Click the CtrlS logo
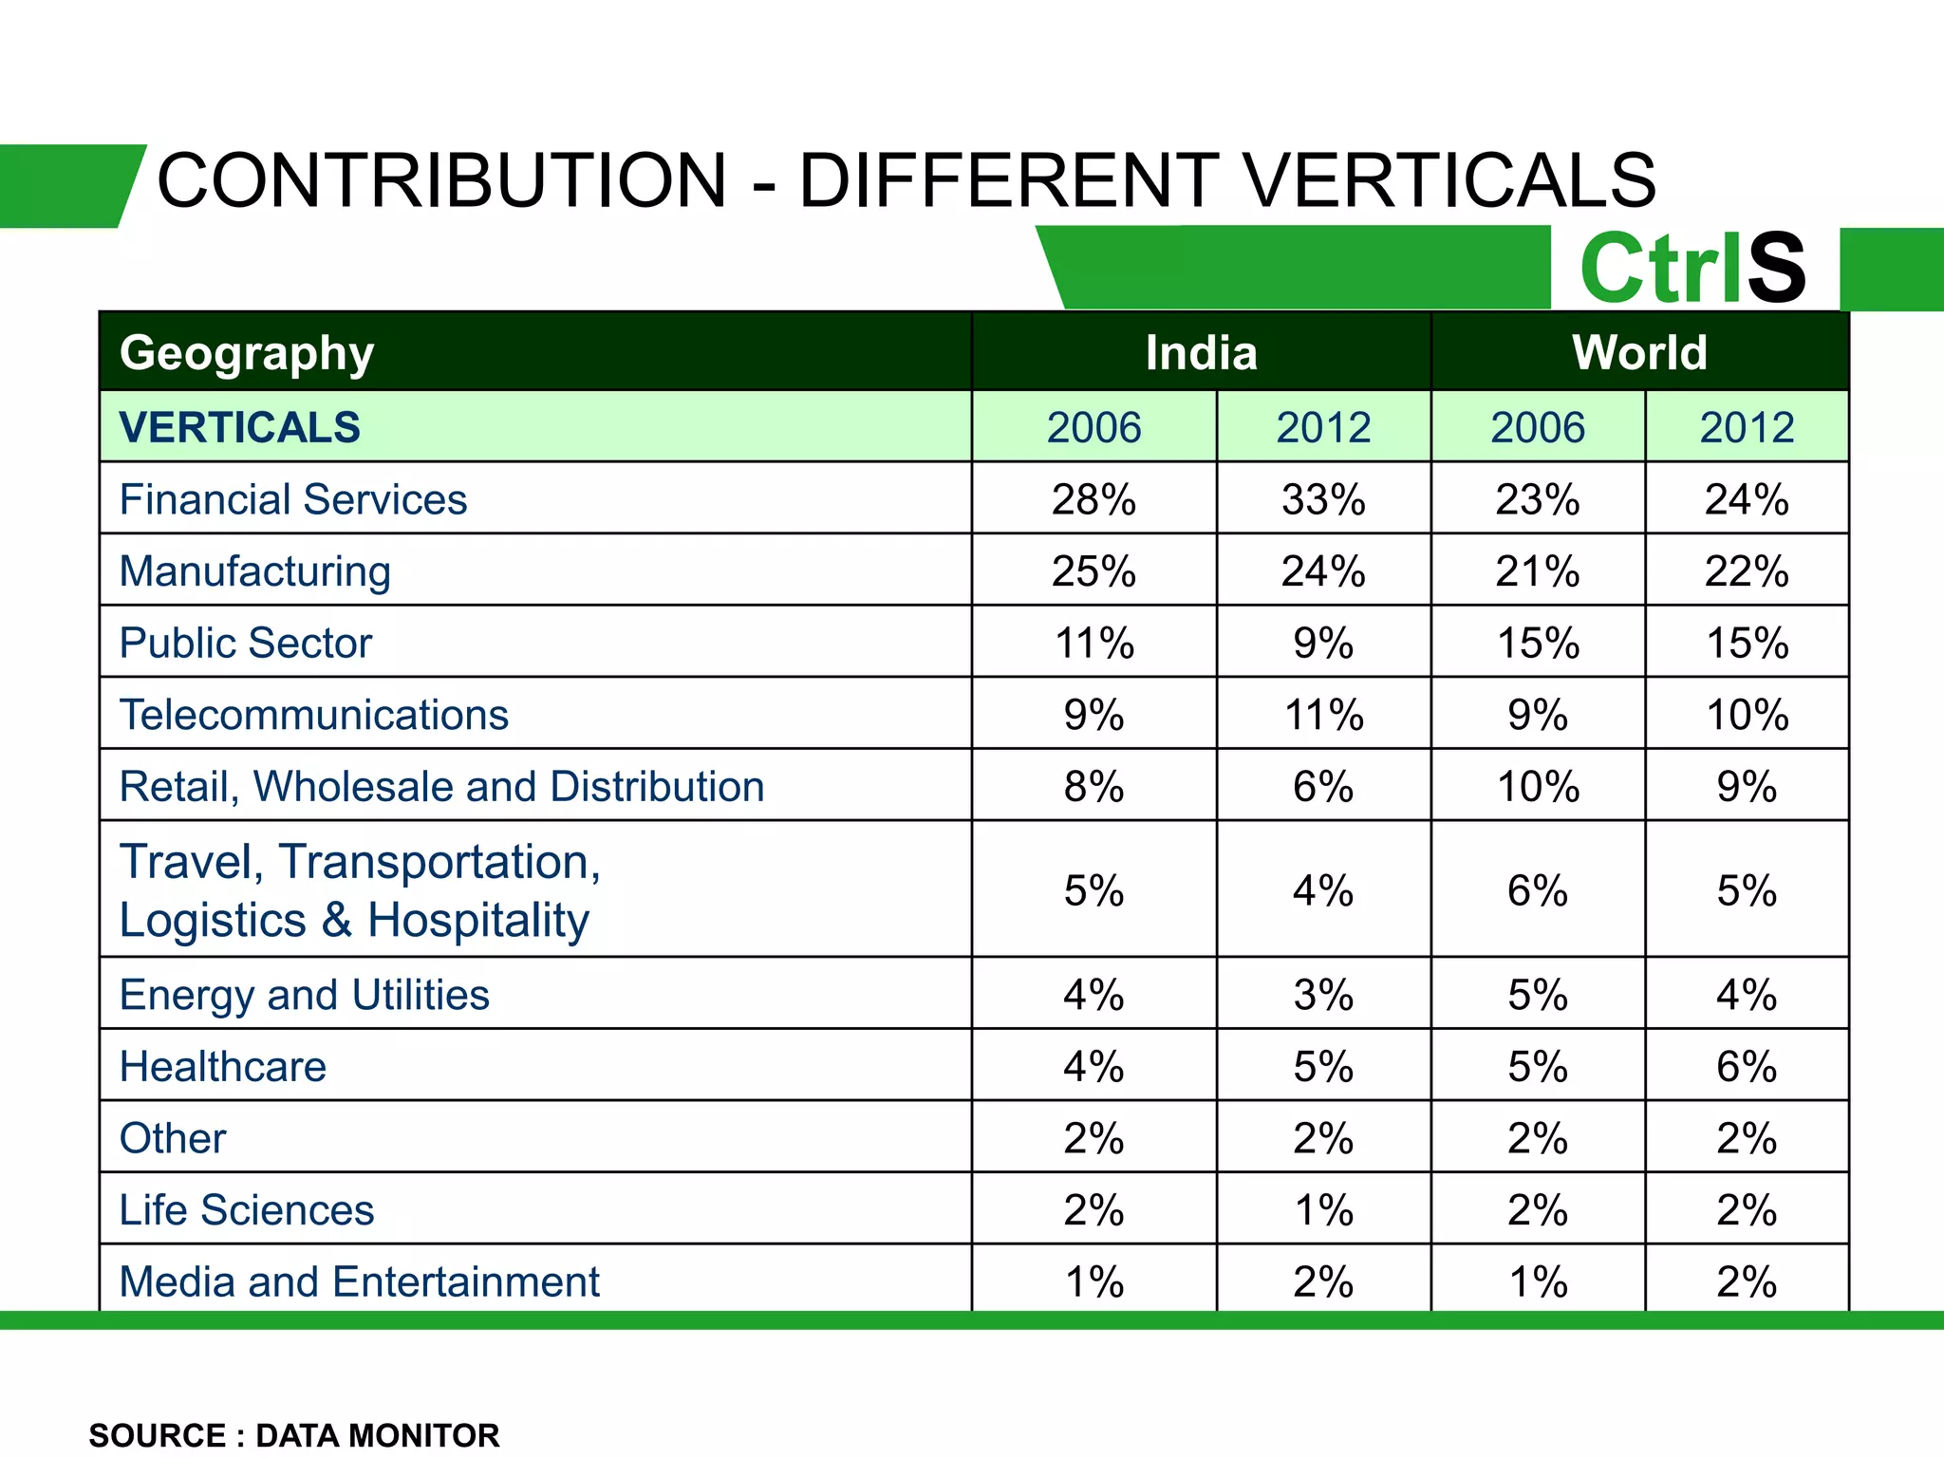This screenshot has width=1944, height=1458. click(1692, 269)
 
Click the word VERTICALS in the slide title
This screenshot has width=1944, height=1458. click(1449, 180)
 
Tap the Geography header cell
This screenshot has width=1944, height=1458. click(247, 353)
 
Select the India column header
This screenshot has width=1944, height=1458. click(1201, 353)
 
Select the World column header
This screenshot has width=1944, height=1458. click(1639, 353)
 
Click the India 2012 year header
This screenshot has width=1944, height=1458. click(1323, 427)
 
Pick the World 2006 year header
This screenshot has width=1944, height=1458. click(1538, 427)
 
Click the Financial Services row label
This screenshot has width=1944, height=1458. click(292, 499)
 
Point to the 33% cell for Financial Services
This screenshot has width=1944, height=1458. click(1323, 499)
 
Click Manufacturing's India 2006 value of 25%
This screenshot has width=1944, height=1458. click(1093, 571)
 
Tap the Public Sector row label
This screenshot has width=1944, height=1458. click(245, 643)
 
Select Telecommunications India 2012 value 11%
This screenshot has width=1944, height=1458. click(1323, 715)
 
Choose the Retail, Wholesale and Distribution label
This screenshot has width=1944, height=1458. click(441, 787)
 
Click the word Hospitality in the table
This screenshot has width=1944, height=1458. click(478, 921)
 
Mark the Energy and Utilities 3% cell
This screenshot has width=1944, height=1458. click(1323, 995)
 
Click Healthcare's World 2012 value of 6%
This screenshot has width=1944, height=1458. click(1747, 1067)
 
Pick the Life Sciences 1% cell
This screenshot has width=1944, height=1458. click(1323, 1210)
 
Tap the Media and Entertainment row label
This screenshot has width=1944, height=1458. click(359, 1281)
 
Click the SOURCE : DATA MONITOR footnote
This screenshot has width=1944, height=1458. click(293, 1435)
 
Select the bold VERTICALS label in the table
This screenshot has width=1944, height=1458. click(239, 427)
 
